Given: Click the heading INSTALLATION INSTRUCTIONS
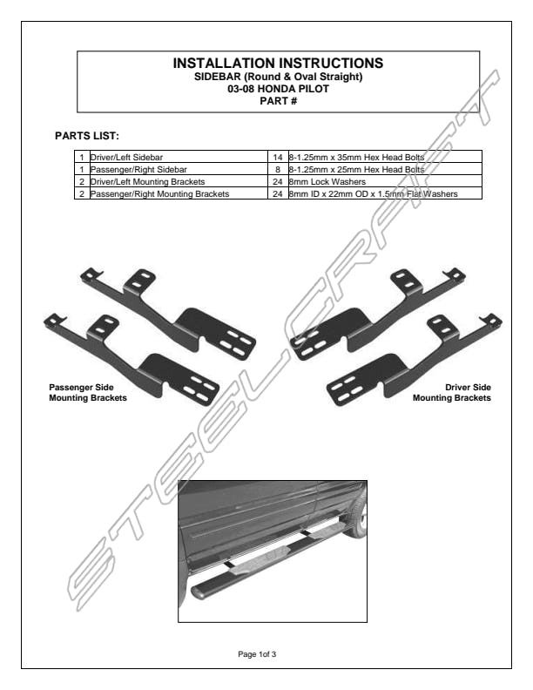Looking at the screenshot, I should pyautogui.click(x=278, y=64).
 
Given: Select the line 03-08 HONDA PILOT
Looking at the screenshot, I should pyautogui.click(x=278, y=89).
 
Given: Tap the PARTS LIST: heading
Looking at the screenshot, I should pyautogui.click(x=86, y=136).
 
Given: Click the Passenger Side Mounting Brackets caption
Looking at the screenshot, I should pyautogui.click(x=88, y=392).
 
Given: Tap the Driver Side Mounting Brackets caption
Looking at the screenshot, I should pyautogui.click(x=451, y=392).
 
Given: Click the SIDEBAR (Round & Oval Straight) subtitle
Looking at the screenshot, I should pyautogui.click(x=278, y=78).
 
